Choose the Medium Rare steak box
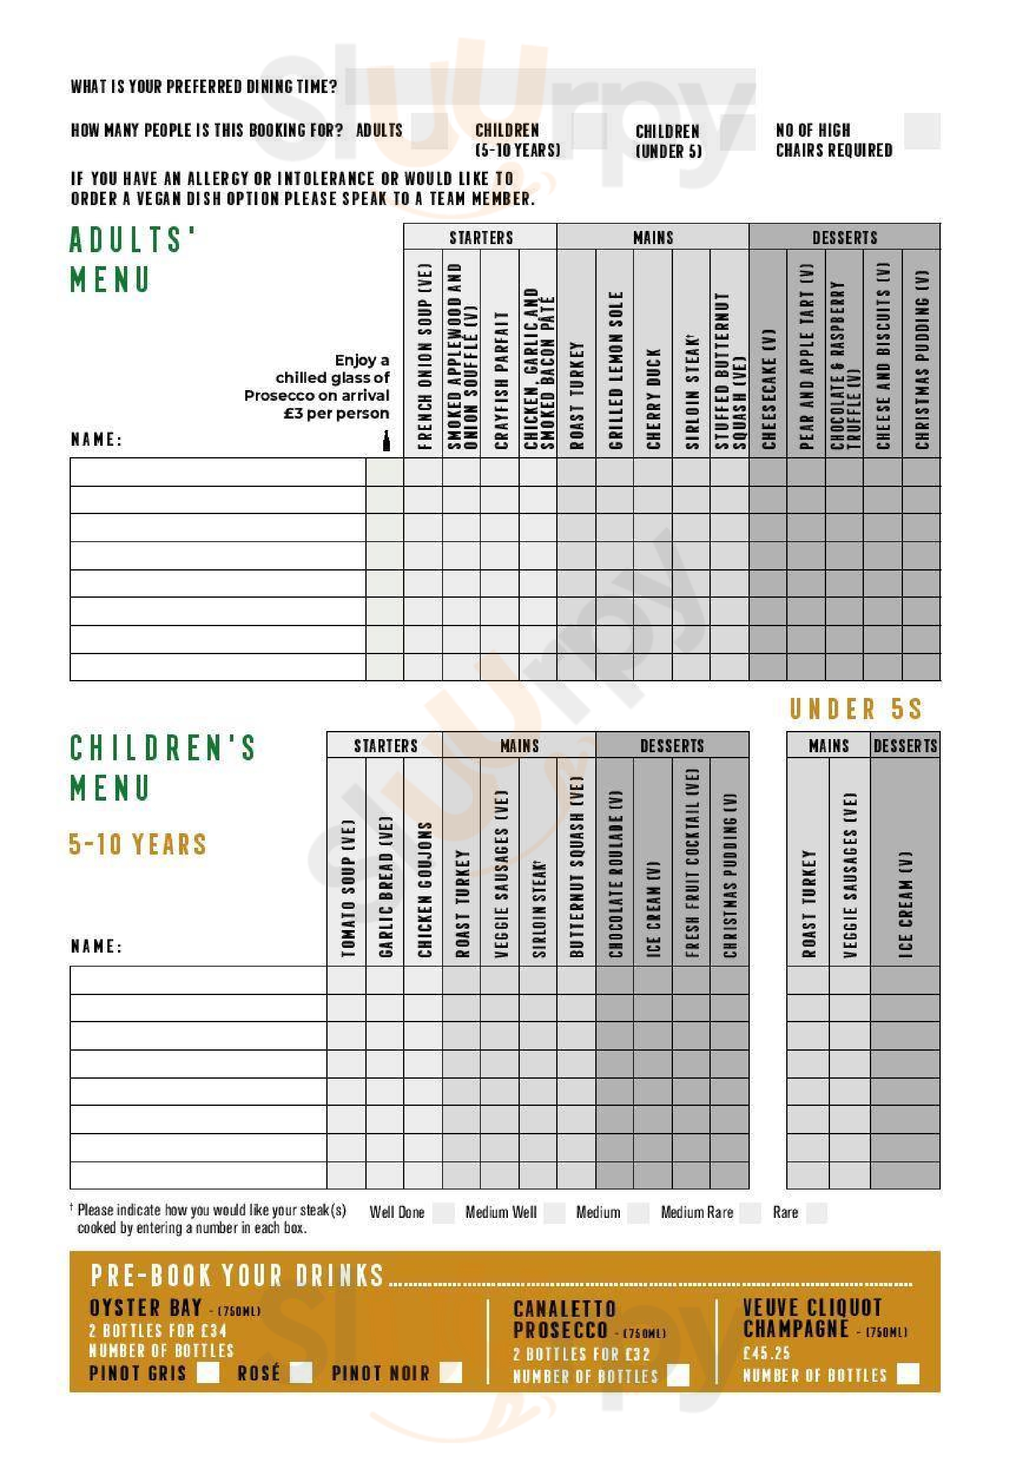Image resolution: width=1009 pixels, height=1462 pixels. (x=751, y=1213)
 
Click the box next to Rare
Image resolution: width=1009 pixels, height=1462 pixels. (x=816, y=1213)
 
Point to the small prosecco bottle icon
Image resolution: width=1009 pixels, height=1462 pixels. (x=386, y=440)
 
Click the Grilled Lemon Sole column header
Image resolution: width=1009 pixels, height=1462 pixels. (x=615, y=370)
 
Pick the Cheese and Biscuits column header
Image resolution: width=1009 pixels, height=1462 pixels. (x=883, y=356)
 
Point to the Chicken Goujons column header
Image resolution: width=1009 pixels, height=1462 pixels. (x=424, y=888)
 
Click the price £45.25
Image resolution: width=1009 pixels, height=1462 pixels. (x=766, y=1353)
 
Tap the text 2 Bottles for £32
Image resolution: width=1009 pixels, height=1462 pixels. (x=581, y=1355)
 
